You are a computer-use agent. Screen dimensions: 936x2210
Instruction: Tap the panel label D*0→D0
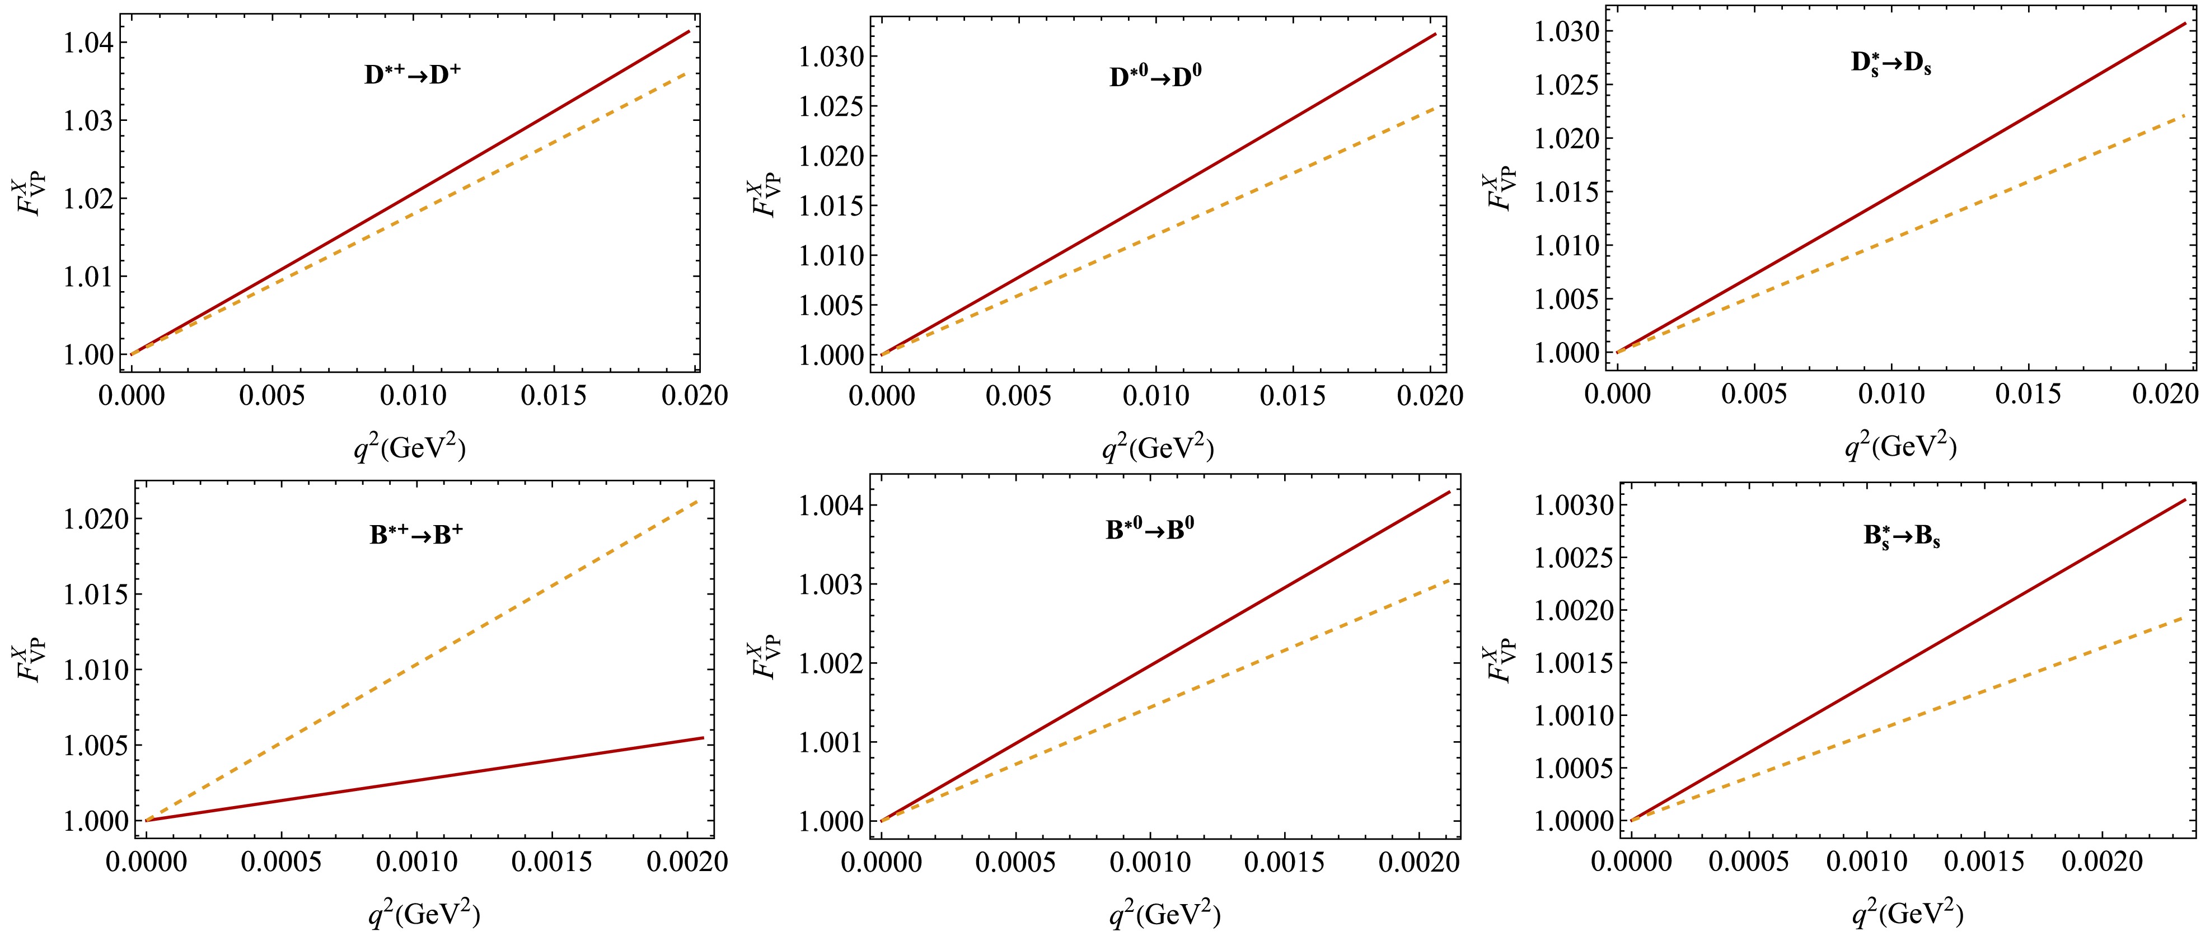pos(1155,77)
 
